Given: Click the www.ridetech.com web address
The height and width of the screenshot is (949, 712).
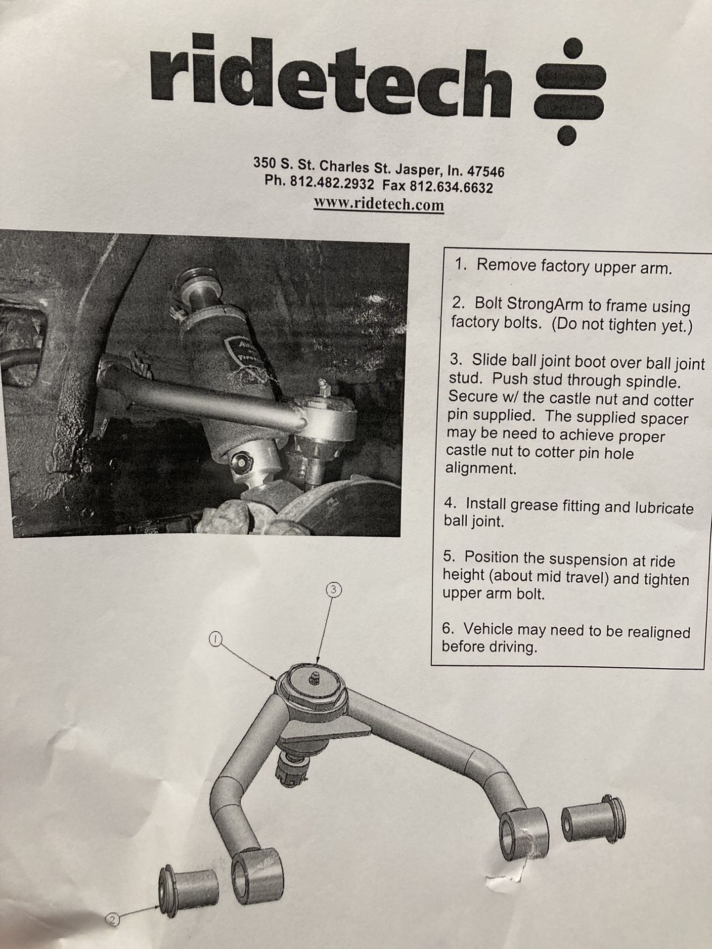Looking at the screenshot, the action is coord(379,204).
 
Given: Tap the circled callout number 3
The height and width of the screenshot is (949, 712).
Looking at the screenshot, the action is coord(334,590).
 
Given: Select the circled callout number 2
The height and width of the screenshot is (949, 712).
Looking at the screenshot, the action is coord(113,920).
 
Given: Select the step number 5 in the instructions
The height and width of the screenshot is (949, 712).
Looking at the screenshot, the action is coord(449,557).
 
